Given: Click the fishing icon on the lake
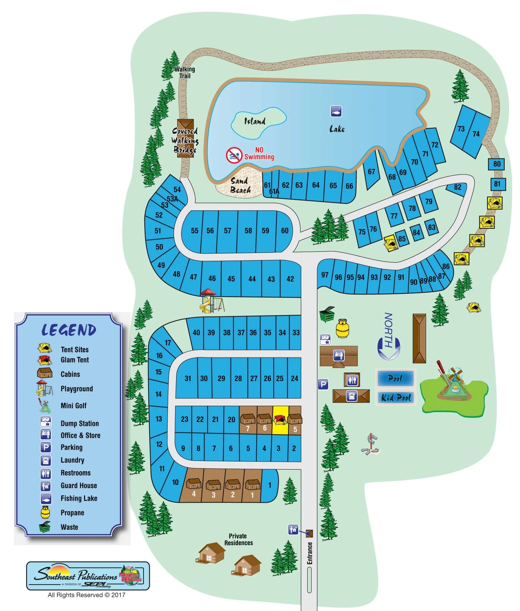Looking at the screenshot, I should click(336, 111).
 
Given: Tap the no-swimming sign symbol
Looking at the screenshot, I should click(234, 155).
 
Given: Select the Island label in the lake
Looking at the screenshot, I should click(255, 121).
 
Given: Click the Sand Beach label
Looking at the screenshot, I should click(240, 185).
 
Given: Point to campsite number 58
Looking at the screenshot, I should click(248, 230).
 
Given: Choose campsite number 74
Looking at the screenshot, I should click(476, 134).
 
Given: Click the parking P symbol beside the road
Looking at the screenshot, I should click(323, 384).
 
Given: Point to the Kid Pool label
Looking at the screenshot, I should click(396, 398).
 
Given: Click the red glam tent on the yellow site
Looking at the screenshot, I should click(280, 419).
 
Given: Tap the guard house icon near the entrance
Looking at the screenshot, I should click(293, 530).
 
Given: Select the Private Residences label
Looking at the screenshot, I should click(238, 539).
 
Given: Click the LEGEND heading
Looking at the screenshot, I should click(69, 330).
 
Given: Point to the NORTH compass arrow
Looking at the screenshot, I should click(388, 336).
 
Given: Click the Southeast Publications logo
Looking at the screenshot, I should click(88, 575).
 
